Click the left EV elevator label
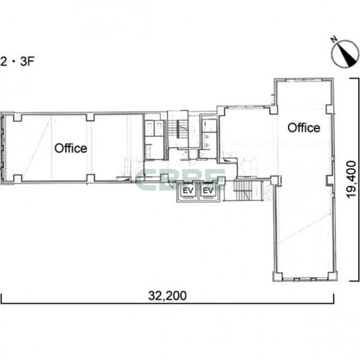coord(188,191)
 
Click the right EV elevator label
coord(208,191)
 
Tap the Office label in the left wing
coord(71,148)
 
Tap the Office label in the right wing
coord(304,128)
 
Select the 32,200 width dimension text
coord(167,296)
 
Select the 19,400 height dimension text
coord(351,179)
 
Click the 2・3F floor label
coord(17,62)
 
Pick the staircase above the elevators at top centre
coord(178,129)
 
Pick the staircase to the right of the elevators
coord(244,191)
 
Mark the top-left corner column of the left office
coord(18,117)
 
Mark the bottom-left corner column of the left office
coord(18,179)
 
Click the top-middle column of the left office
coord(90,117)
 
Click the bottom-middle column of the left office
coord(90,179)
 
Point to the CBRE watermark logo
coord(180,179)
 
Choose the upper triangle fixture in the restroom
coord(206,137)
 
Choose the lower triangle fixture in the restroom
coord(206,145)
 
